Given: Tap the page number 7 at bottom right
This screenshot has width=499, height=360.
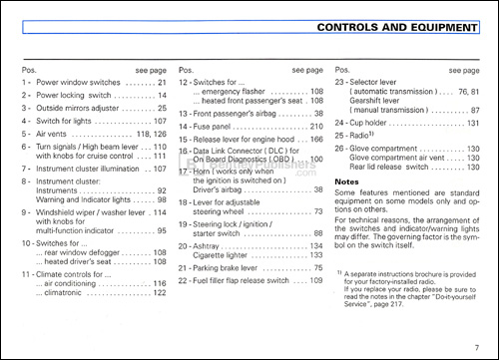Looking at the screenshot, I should (x=479, y=344).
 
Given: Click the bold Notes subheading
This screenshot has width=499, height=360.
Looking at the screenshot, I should (x=348, y=182).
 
